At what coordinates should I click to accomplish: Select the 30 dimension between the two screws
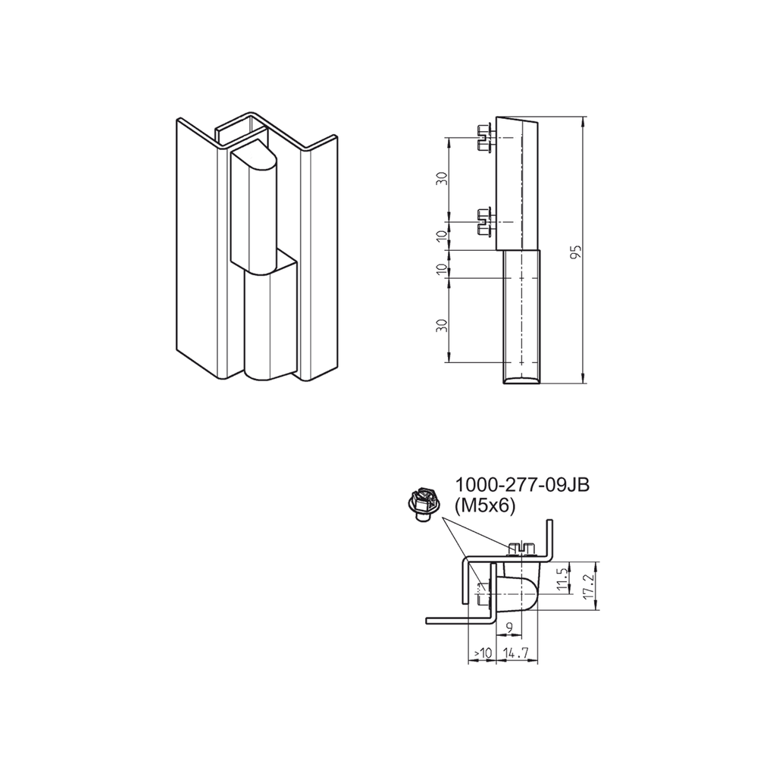443,180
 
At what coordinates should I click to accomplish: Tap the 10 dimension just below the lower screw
443,236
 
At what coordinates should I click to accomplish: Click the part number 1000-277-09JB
522,486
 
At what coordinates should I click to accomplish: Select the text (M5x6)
485,505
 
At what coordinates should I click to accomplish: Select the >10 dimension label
482,652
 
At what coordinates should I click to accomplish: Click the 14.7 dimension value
516,652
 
